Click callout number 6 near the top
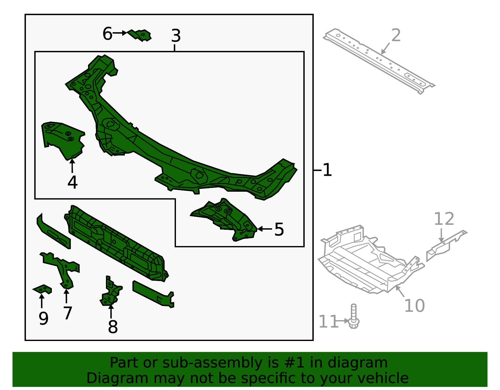click(107, 34)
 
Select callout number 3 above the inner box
click(176, 36)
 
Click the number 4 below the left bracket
click(72, 182)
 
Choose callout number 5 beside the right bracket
click(279, 230)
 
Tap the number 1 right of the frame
click(327, 170)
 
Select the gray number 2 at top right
click(396, 35)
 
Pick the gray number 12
click(444, 219)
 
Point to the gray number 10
click(414, 306)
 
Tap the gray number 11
click(328, 322)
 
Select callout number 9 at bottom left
click(43, 318)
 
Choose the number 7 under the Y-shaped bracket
click(67, 313)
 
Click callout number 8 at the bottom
click(112, 327)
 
